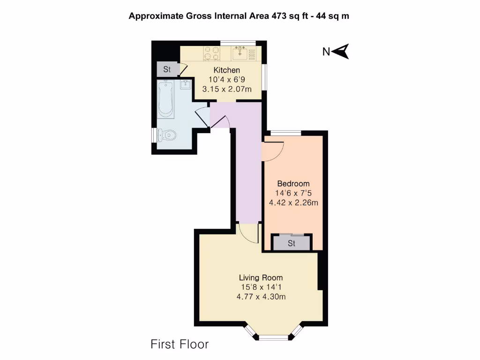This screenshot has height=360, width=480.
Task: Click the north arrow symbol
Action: (342, 51)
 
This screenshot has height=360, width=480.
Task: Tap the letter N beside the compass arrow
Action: (326, 52)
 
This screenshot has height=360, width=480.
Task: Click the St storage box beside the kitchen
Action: (167, 69)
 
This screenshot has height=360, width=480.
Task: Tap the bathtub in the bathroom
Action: (165, 98)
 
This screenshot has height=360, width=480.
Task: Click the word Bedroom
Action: (293, 183)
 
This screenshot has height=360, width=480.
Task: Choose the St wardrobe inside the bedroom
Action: (292, 243)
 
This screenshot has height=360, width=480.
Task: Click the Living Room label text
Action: (261, 277)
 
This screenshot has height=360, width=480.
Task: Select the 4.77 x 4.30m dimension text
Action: (261, 296)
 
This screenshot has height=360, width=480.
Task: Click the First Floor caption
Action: (180, 345)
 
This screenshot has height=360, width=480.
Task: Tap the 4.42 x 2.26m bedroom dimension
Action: (293, 202)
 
